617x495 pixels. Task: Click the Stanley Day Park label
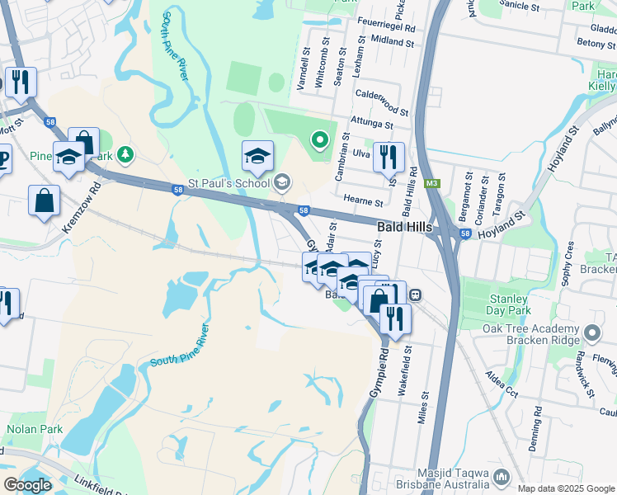(506, 304)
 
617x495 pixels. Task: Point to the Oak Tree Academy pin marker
(591, 334)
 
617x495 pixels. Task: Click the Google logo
(27, 485)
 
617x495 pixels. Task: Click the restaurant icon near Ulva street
(388, 156)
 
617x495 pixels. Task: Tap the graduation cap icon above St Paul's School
(257, 156)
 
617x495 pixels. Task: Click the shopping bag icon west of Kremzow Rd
(44, 201)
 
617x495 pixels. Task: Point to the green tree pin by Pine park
(125, 153)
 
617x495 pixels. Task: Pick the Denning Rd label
(537, 423)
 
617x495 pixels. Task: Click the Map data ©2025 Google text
(564, 488)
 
